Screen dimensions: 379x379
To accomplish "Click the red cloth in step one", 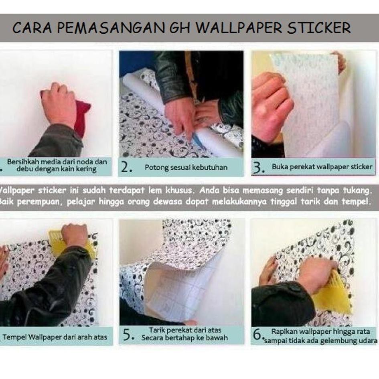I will [x=82, y=116].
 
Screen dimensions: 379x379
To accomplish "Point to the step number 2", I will [x=127, y=168].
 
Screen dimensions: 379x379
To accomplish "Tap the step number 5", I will [x=128, y=335].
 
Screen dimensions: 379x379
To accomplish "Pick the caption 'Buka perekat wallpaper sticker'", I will [x=322, y=166].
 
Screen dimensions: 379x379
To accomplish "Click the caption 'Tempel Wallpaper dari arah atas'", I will [x=55, y=337].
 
